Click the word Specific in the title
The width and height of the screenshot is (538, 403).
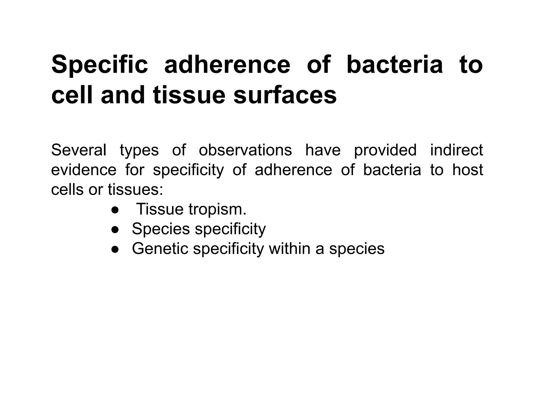(x=100, y=65)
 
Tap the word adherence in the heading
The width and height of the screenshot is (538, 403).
(x=227, y=65)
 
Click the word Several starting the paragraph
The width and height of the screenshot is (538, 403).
(x=79, y=150)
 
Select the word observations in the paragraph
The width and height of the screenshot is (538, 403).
(x=245, y=150)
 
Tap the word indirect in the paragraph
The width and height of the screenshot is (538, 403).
(x=456, y=150)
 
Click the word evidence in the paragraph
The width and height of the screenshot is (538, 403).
(x=84, y=170)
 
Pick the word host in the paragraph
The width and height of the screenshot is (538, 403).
(x=468, y=170)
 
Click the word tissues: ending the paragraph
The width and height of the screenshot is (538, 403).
(x=135, y=189)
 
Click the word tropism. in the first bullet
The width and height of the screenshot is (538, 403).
(x=218, y=209)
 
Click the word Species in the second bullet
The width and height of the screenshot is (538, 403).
(x=161, y=229)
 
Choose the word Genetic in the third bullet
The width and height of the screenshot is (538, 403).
(x=160, y=248)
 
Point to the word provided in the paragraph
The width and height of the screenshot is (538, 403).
(x=385, y=151)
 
